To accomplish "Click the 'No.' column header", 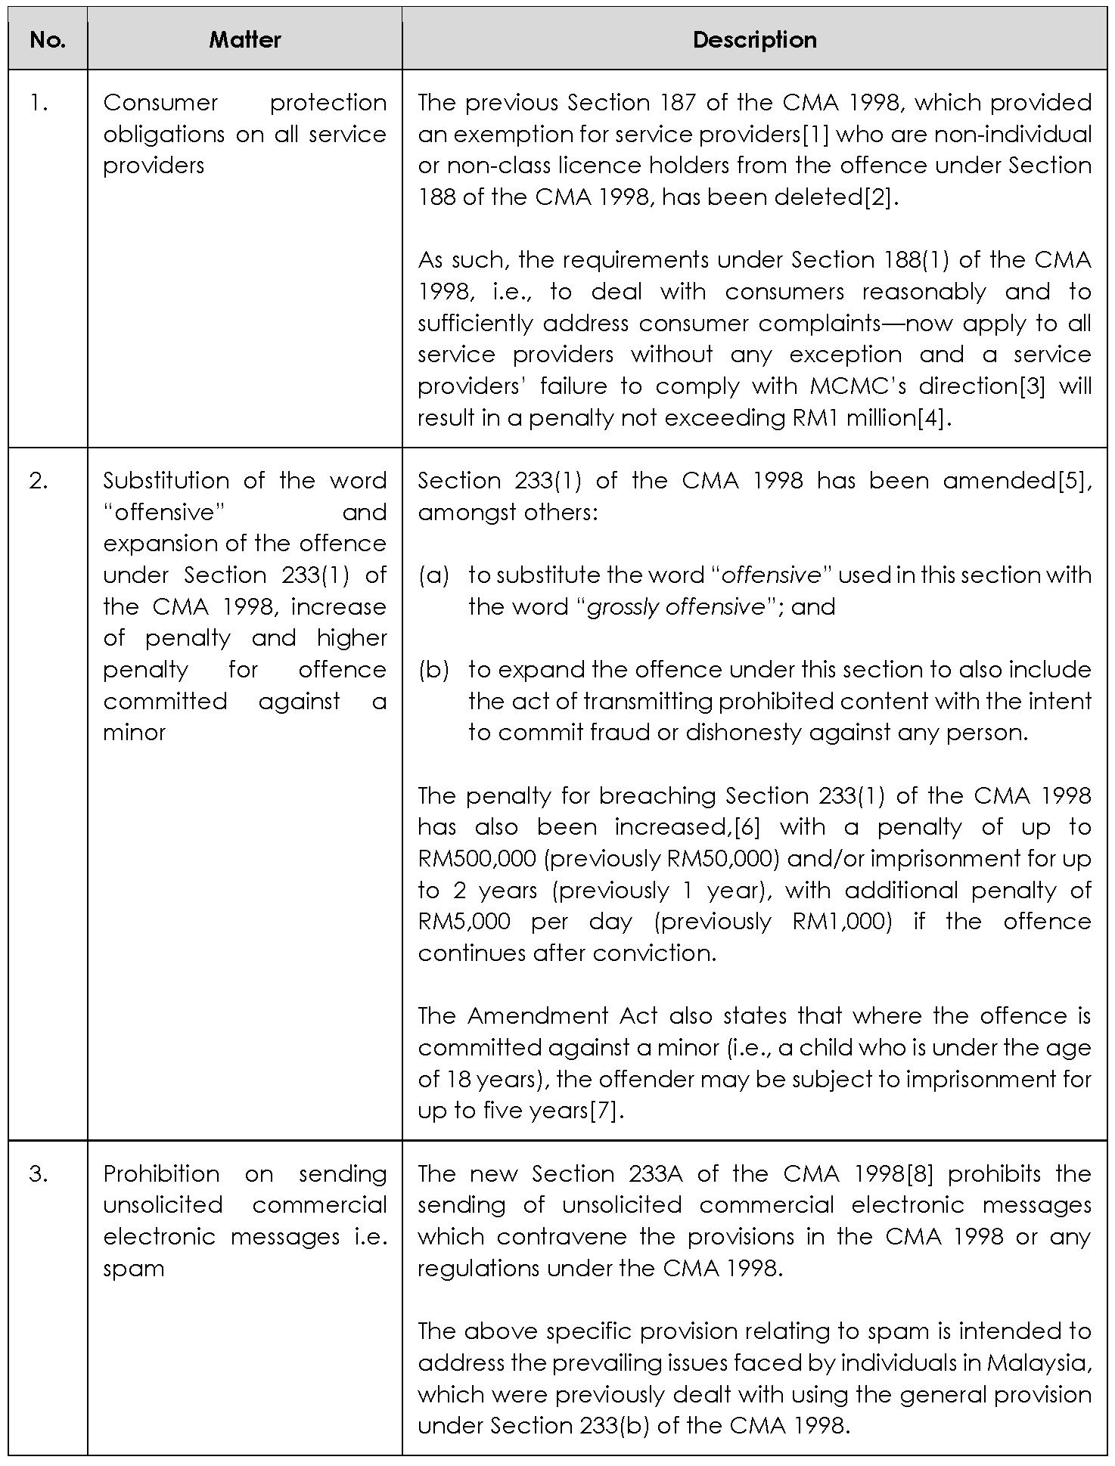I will [x=48, y=40].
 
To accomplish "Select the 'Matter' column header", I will [x=244, y=40].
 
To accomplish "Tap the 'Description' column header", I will [x=754, y=40].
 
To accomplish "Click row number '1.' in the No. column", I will [x=39, y=103].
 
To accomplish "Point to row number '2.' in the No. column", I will [x=39, y=481].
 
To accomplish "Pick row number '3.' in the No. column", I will [x=39, y=1174].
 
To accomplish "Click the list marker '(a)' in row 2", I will [x=433, y=575].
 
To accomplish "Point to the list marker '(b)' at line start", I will [x=433, y=670].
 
